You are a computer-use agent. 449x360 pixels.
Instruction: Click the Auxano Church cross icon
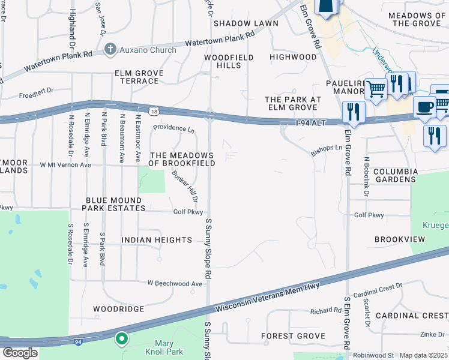click(110, 49)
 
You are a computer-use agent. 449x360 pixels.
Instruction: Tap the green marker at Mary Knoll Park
click(121, 340)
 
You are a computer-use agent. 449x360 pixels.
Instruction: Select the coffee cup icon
click(424, 107)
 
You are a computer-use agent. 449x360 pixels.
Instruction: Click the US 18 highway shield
click(155, 112)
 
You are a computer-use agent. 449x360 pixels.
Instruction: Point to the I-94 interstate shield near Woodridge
click(79, 342)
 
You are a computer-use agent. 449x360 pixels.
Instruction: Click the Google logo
click(20, 353)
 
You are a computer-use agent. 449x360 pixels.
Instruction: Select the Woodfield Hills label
click(229, 61)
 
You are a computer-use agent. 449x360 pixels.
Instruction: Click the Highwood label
click(293, 57)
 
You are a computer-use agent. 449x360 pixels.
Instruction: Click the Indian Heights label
click(157, 239)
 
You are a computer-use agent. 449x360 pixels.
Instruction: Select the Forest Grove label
click(294, 336)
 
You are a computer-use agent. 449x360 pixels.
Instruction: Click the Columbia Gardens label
click(395, 175)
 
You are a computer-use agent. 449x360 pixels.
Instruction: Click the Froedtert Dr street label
click(36, 95)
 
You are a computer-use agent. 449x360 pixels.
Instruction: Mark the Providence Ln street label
click(173, 129)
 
